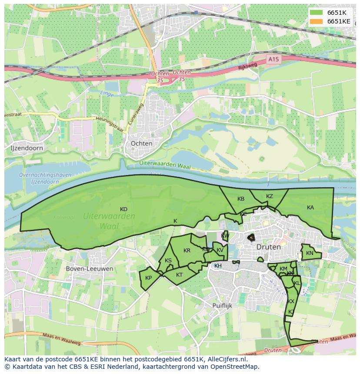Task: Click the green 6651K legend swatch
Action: [317, 13]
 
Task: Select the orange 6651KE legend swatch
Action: [317, 21]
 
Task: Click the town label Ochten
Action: [141, 143]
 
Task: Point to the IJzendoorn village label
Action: [27, 148]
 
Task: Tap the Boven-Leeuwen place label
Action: [90, 268]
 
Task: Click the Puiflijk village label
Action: [223, 305]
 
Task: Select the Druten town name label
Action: [268, 246]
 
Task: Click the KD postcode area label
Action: [123, 209]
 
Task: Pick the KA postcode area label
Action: [310, 208]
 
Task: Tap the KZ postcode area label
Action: [270, 196]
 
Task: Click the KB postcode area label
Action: [241, 199]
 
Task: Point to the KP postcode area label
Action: [149, 278]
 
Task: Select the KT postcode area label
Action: [179, 275]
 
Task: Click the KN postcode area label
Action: [310, 253]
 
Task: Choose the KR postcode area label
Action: [187, 251]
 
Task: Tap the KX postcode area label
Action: [291, 301]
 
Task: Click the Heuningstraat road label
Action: [111, 124]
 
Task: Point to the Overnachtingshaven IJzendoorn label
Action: [39, 178]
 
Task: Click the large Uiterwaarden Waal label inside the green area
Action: [109, 221]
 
